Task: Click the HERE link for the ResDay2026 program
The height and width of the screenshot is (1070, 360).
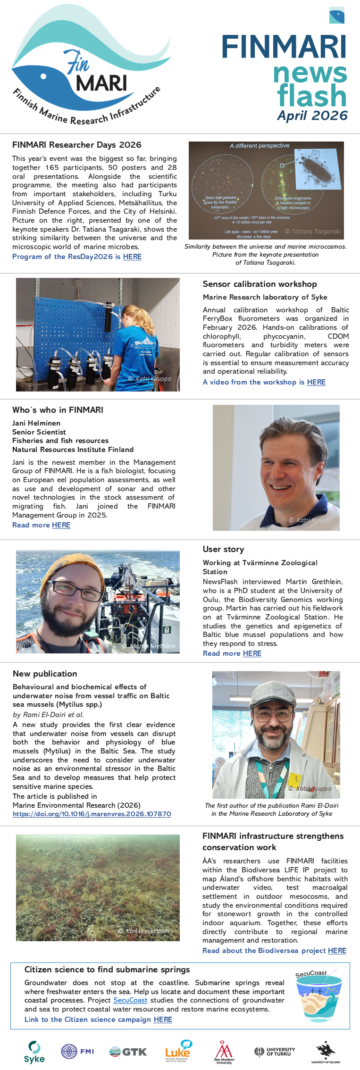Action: coord(132,257)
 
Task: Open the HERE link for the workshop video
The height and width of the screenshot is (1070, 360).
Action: coord(316,382)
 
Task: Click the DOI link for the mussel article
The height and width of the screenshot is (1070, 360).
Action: coord(92,814)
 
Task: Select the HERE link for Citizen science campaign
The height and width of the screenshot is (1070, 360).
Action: coord(163,1020)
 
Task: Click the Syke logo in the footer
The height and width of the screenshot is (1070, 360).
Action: coord(34,1052)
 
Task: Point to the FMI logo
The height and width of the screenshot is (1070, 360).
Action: coord(77,1051)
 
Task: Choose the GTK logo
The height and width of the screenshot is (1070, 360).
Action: coord(128,1052)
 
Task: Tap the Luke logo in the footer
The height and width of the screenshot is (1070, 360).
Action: coord(178,1051)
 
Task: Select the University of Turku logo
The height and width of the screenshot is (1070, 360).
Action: coord(275,1052)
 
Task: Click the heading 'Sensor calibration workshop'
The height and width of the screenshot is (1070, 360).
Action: coord(260,284)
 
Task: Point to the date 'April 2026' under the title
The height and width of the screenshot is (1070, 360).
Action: coord(312,116)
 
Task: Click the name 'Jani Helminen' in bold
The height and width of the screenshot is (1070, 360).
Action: coord(36,423)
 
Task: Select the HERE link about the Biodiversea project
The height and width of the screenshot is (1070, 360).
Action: coord(337,951)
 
